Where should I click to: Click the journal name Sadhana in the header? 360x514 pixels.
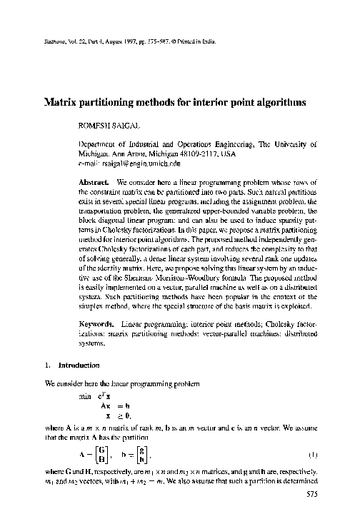pos(44,41)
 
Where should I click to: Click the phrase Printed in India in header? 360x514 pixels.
pos(191,41)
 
